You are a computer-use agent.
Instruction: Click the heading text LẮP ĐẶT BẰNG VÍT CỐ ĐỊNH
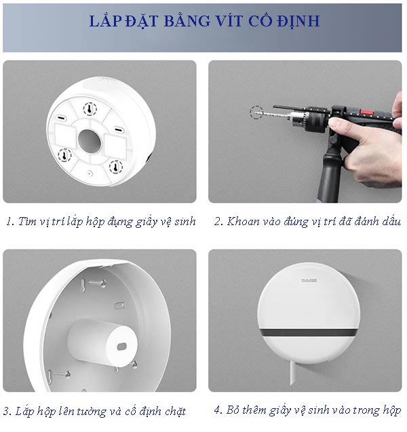click(x=203, y=21)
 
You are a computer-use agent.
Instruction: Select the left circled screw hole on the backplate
click(x=64, y=155)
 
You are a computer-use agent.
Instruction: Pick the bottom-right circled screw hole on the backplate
click(x=115, y=165)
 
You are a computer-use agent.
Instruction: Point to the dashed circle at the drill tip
click(x=255, y=112)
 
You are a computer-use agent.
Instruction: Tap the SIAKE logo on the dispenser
click(x=309, y=279)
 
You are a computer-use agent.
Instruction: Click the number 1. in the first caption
click(x=9, y=221)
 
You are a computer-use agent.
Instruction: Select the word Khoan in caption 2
click(x=243, y=221)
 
